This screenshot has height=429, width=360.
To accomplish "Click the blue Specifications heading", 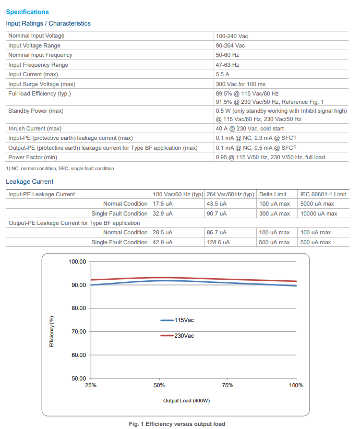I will pos(27,12).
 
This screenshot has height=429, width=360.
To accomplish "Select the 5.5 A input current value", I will pos(223,74).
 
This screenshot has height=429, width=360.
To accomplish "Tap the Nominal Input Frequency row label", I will pos(40,55).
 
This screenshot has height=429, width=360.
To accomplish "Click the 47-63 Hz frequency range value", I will pos(227,65).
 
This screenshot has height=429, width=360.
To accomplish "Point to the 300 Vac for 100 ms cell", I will pos(241,84).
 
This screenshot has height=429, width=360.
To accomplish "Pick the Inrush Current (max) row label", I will pos(35,128).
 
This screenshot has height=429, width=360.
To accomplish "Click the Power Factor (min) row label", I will pos(33,157).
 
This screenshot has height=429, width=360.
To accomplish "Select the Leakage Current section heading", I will pos(29,182).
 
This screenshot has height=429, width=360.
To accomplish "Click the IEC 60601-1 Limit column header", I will pos(323,194).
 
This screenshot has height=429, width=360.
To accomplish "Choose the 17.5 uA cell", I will pos(163,204).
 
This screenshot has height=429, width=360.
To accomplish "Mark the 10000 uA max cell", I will pos(318,213).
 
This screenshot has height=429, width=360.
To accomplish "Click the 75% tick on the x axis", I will pos(227,385).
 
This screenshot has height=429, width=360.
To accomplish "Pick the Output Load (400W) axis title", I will pos(186,401).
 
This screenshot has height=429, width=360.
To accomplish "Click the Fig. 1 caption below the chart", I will pos(177,424).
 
